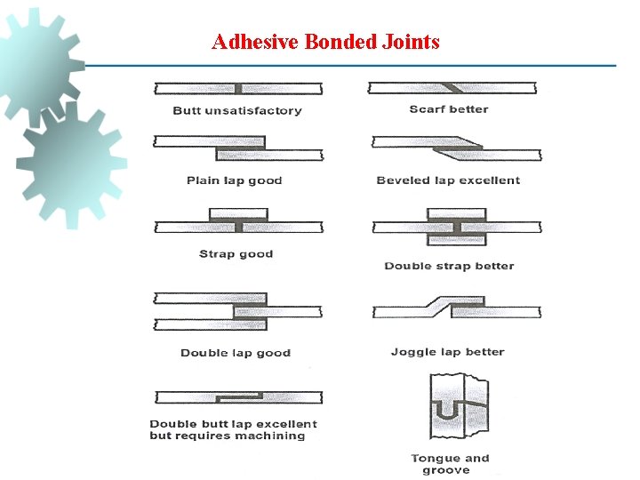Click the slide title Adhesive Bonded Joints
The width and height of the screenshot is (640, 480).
coord(325,42)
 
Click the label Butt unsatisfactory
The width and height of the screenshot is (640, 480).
coord(237,111)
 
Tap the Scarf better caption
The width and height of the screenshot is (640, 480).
coord(449,109)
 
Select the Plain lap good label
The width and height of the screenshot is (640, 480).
coord(234,180)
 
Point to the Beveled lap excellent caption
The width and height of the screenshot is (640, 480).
coord(448,180)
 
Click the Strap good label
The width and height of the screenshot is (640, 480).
coord(236,254)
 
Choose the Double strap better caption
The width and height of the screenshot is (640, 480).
coord(449,266)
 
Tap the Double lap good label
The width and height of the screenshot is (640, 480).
coord(236,353)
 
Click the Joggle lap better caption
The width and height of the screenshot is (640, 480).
coord(447,352)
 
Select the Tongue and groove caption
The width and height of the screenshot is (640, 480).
coord(450,464)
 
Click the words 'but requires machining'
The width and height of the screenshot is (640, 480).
coord(228,436)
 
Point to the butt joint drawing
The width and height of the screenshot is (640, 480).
coord(237,88)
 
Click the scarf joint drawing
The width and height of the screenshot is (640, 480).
coord(453,88)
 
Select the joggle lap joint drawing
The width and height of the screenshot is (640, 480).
coord(456,308)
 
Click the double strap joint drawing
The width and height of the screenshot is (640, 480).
coord(456,228)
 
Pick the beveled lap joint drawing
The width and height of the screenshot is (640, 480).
coord(456,148)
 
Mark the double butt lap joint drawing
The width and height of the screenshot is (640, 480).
coord(237,397)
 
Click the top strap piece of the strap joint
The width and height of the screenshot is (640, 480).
coord(238,215)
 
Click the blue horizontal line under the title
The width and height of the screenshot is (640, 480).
coord(356,66)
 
